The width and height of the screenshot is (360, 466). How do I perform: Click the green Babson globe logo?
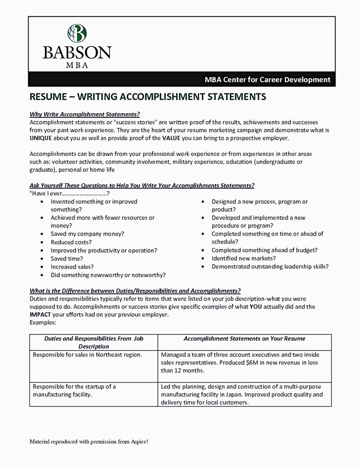pos(77,33)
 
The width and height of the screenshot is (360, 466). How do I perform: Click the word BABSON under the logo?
pos(77,52)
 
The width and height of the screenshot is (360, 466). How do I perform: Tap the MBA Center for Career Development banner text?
pos(267,80)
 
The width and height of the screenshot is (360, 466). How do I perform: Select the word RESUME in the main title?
pos(48,97)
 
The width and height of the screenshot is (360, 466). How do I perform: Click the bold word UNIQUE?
pos(41,138)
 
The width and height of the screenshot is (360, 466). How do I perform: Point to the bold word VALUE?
pos(171,138)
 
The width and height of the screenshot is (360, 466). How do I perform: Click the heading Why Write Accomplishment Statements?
pos(85,114)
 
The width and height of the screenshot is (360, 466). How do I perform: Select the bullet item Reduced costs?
pos(71,242)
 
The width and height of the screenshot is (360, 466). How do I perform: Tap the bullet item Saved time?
pos(67,259)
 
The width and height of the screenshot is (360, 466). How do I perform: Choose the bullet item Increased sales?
pos(72,267)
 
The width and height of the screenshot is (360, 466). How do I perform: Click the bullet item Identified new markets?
pos(244,258)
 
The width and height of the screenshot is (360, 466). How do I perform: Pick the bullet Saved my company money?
pos(87,234)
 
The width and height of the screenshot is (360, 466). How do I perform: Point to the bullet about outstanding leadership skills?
pos(270,266)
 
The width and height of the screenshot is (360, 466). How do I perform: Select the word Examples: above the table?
pos(43,323)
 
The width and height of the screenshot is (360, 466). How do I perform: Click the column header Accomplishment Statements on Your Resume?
pos(244,338)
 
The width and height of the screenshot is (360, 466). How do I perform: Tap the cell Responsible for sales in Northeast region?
pos(87,355)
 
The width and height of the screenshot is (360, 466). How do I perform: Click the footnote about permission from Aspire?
pos(89,441)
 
